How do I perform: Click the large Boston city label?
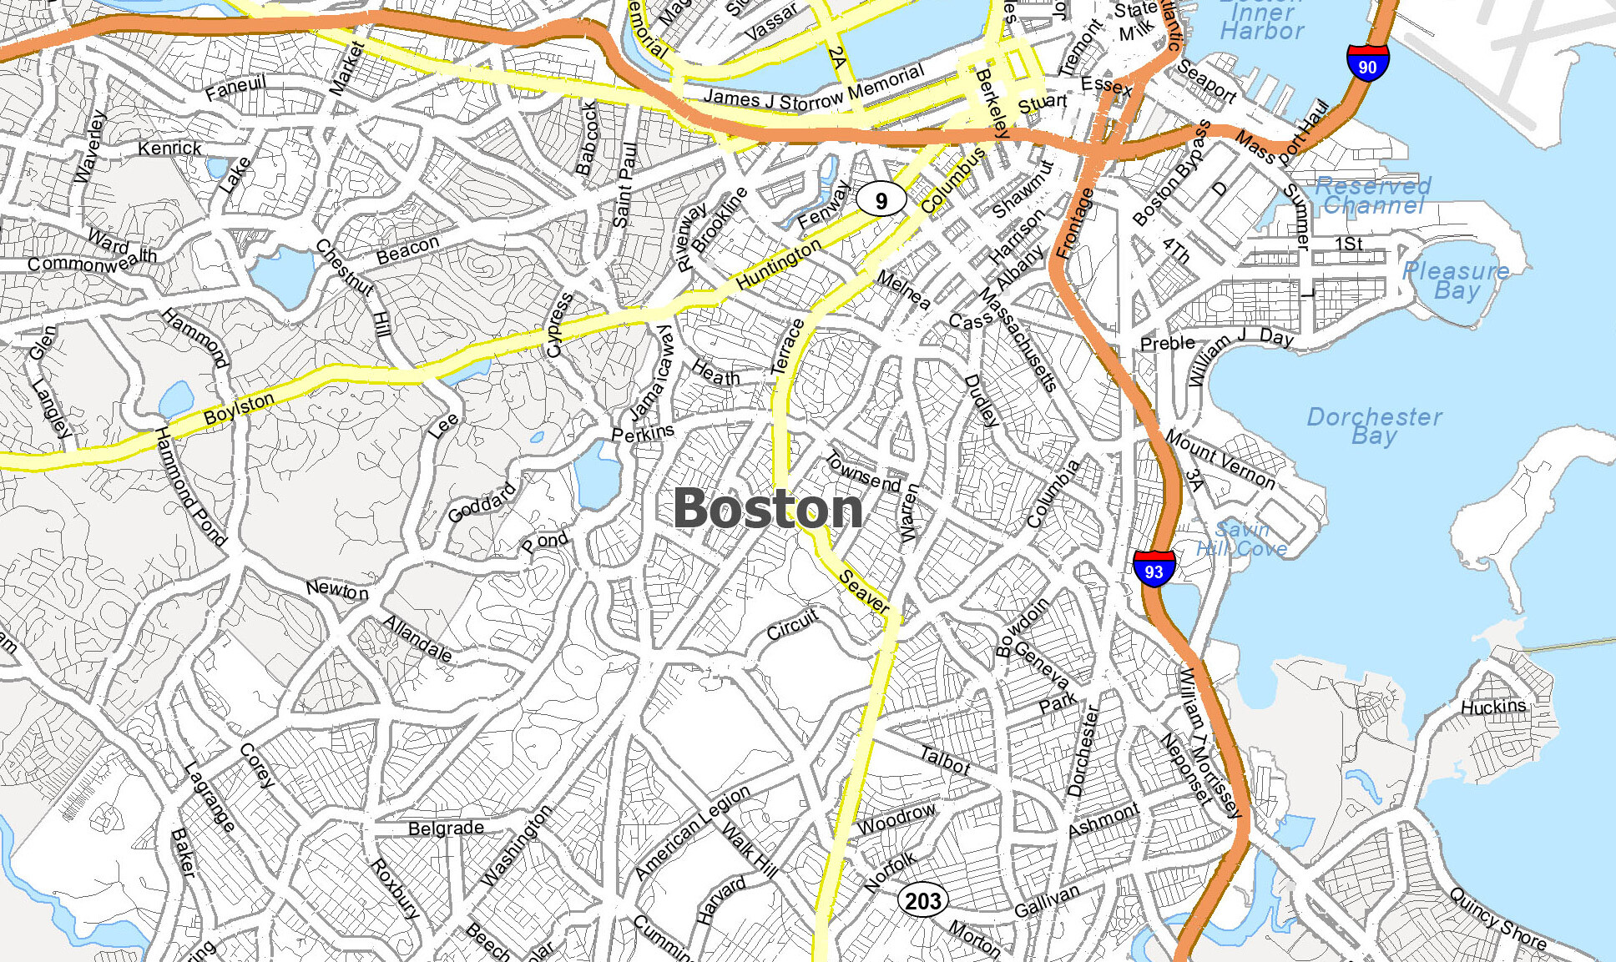click(768, 508)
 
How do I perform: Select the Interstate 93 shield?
click(1154, 569)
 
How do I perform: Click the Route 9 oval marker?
click(881, 200)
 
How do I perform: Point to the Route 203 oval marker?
click(922, 901)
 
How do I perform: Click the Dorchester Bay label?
click(1374, 426)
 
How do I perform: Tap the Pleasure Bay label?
click(1456, 280)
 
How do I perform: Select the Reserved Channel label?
click(1373, 195)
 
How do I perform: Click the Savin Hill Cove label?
click(1242, 539)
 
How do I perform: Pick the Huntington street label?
click(778, 264)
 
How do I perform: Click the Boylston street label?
click(239, 408)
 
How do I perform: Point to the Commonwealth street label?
click(92, 261)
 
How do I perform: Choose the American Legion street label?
click(692, 833)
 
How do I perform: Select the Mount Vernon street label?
click(1220, 459)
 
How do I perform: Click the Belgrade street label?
click(446, 828)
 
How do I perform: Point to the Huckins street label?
click(1493, 707)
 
